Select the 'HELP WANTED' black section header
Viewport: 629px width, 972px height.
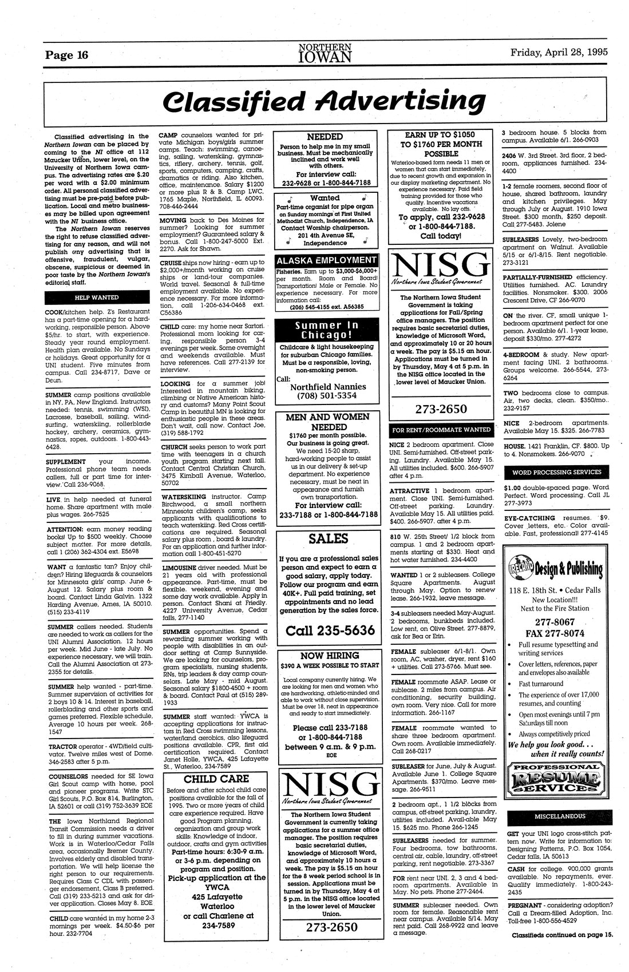[96, 297]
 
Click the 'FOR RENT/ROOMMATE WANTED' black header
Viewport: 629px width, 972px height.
[440, 430]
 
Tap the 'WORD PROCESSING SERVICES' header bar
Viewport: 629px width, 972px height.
[553, 472]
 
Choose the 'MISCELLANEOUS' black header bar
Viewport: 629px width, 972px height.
[553, 816]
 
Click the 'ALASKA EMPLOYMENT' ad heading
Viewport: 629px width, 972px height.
[326, 259]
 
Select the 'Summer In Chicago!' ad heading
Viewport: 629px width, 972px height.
[326, 330]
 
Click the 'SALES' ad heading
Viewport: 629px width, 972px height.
[328, 538]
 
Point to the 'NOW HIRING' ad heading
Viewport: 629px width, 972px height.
[330, 656]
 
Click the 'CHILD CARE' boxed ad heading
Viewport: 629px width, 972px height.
[216, 779]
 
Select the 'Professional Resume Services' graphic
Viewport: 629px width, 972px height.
[553, 777]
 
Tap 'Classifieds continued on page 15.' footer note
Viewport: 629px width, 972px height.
[562, 935]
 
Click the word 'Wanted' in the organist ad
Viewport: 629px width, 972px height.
[325, 198]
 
